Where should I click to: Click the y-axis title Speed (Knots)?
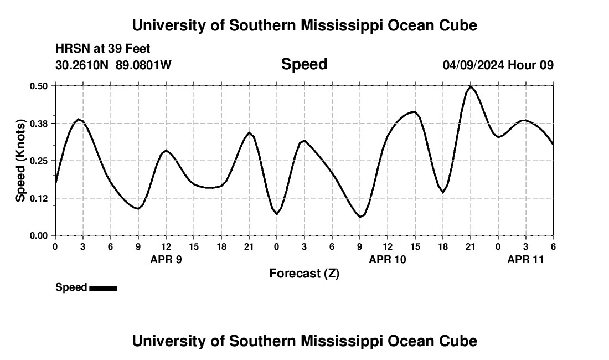[20, 161]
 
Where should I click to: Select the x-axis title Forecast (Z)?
[304, 273]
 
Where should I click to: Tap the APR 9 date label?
[166, 259]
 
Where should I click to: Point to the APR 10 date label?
[388, 259]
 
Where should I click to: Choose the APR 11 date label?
[526, 259]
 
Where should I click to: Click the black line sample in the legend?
[103, 288]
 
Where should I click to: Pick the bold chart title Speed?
[304, 64]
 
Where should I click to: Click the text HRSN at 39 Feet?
[102, 49]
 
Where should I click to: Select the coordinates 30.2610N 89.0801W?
[113, 65]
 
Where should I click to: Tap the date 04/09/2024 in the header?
[473, 65]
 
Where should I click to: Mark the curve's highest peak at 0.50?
[471, 86]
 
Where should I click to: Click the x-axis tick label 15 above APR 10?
[415, 246]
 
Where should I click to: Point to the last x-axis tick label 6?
[553, 246]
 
